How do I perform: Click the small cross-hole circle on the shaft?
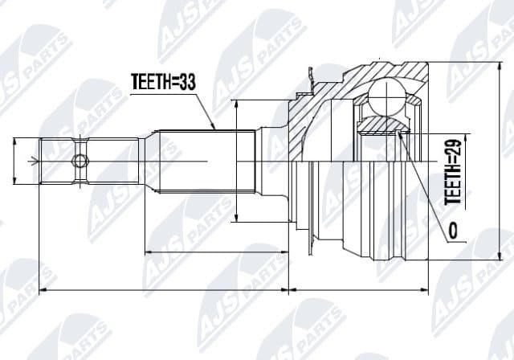point(79,161)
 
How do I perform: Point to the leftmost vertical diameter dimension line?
point(17,161)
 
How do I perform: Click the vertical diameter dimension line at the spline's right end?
point(236,161)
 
